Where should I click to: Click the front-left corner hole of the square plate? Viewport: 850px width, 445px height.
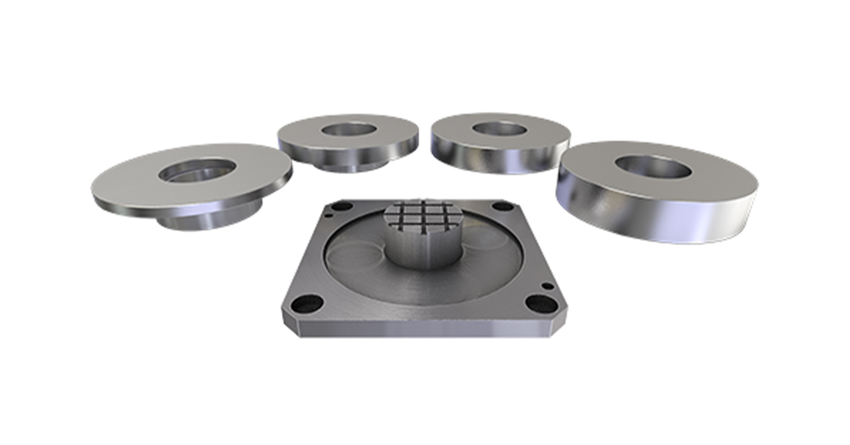click(x=306, y=304)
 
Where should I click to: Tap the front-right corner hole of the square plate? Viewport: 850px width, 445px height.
click(x=541, y=304)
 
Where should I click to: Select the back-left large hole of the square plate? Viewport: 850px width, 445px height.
click(x=342, y=206)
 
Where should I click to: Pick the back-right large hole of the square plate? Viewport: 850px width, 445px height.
click(x=503, y=206)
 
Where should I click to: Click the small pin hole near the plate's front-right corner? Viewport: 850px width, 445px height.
click(x=547, y=286)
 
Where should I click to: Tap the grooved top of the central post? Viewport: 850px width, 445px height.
click(x=423, y=214)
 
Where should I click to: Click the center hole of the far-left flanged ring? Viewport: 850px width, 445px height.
click(x=197, y=170)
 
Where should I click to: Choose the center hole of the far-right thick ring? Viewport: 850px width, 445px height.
click(x=653, y=167)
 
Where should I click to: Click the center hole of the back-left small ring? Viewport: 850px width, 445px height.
click(x=349, y=129)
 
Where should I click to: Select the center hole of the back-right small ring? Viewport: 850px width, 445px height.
click(x=500, y=129)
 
